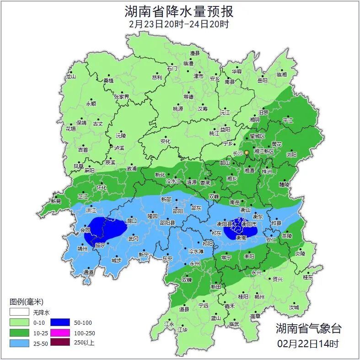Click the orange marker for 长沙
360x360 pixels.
(247, 152)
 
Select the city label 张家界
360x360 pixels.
(122, 97)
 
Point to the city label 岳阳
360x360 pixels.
(262, 81)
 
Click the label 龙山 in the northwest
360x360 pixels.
(70, 77)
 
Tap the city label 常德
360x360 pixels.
(188, 97)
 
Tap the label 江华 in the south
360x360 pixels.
(183, 329)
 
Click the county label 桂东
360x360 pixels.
(308, 277)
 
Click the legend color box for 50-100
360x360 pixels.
(60, 322)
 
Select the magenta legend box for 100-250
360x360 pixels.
(60, 332)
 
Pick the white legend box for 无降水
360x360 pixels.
(19, 312)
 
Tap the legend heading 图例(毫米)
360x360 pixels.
(27, 302)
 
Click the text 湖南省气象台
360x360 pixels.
(308, 328)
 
